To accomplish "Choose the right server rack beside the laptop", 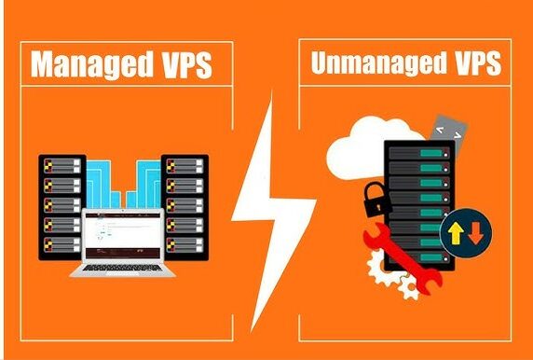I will pyautogui.click(x=184, y=208).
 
